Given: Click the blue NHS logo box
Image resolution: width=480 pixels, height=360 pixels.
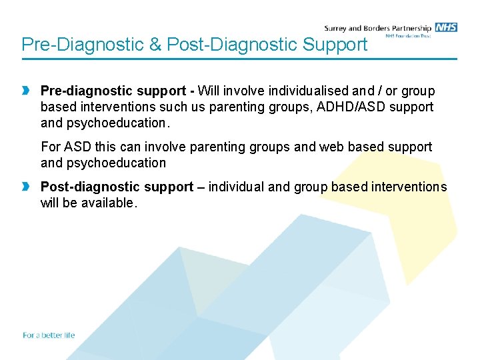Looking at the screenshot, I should pyautogui.click(x=446, y=27).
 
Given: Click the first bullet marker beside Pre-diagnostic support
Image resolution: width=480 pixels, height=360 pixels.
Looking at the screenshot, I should pyautogui.click(x=25, y=91).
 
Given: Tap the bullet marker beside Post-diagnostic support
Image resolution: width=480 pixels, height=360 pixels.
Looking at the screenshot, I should pyautogui.click(x=25, y=187).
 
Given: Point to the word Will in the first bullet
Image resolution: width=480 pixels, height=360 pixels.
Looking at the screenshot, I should pyautogui.click(x=209, y=91).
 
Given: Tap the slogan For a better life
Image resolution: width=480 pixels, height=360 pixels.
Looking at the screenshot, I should pyautogui.click(x=49, y=335).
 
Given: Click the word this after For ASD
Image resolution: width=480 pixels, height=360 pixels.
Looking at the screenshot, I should pyautogui.click(x=107, y=147).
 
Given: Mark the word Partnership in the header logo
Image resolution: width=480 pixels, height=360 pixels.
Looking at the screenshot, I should pyautogui.click(x=409, y=28).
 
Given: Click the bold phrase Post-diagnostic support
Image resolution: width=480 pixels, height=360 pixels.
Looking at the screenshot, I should pyautogui.click(x=117, y=187).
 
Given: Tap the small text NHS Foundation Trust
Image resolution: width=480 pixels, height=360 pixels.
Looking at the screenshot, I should pyautogui.click(x=409, y=36).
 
